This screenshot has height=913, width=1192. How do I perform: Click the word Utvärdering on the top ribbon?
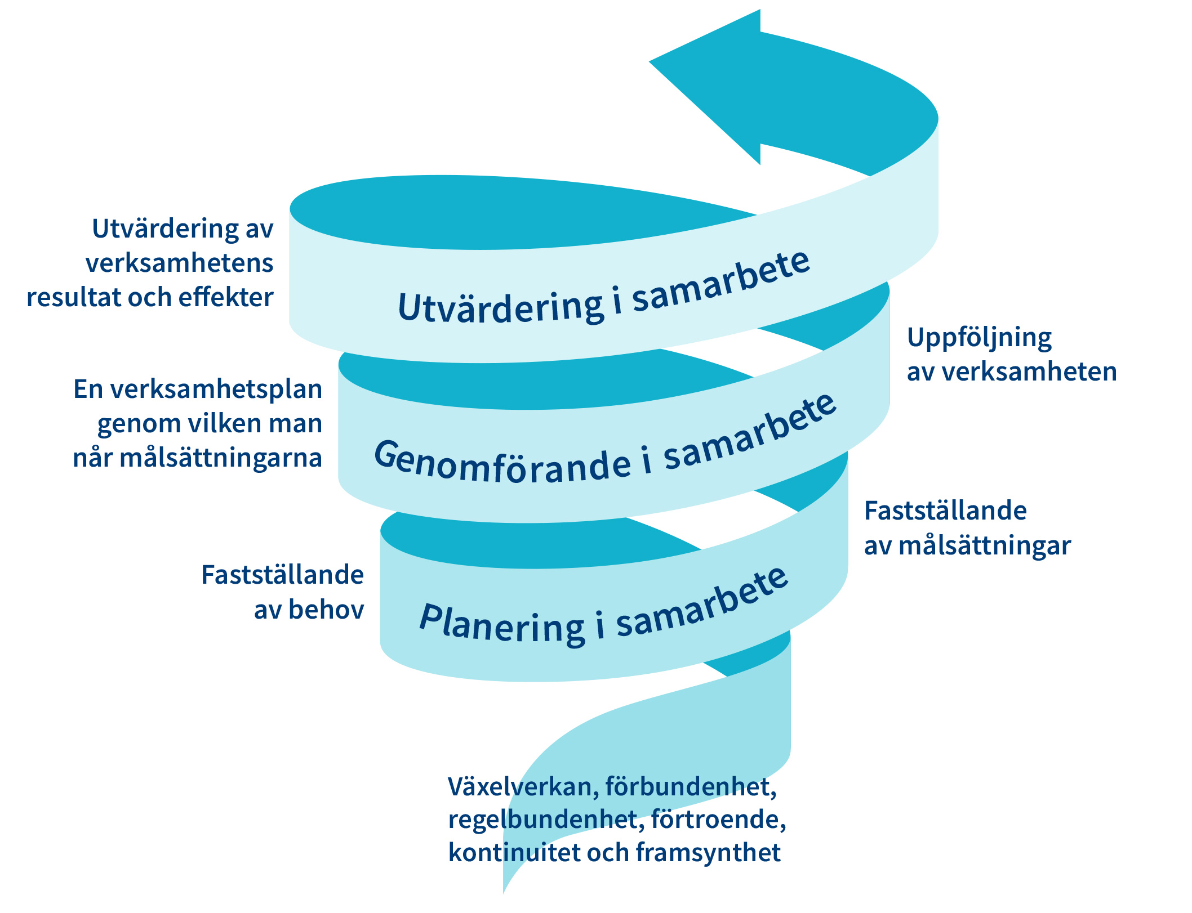(x=500, y=307)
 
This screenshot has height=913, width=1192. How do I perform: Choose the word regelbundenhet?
(x=545, y=820)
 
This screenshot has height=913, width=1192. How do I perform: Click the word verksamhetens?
(x=179, y=263)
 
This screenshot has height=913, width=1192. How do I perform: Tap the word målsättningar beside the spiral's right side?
(x=984, y=546)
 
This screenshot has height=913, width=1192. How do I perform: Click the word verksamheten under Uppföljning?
(x=1029, y=372)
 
